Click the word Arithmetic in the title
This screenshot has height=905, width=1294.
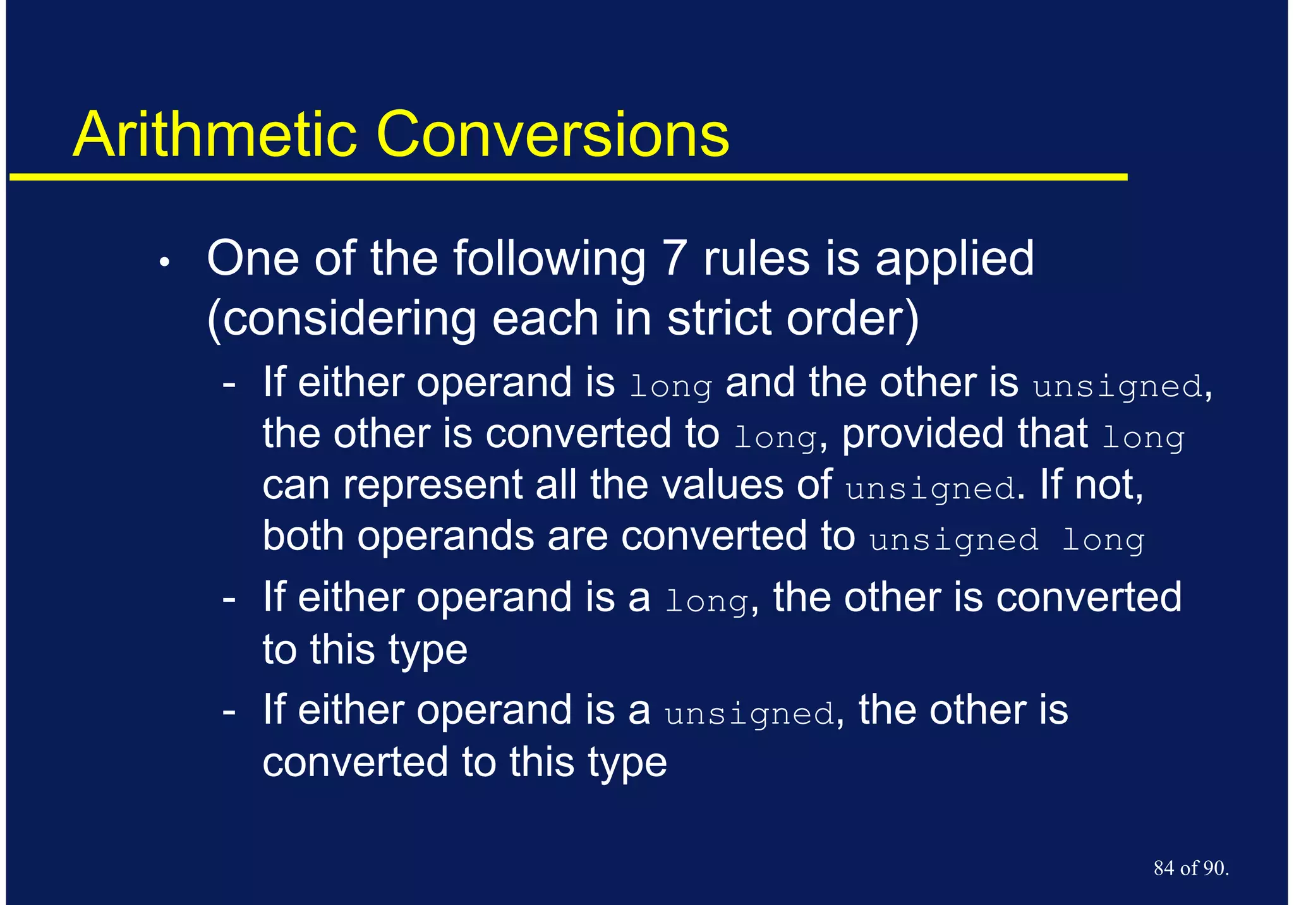coord(215,135)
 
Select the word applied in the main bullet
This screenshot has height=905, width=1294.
coord(955,260)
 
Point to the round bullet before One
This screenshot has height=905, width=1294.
coord(164,263)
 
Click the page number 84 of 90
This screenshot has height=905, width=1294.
coord(1190,868)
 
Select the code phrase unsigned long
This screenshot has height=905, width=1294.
coord(1007,541)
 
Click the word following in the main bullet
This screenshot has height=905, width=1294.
coord(549,260)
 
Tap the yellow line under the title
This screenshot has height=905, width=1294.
coord(569,177)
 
